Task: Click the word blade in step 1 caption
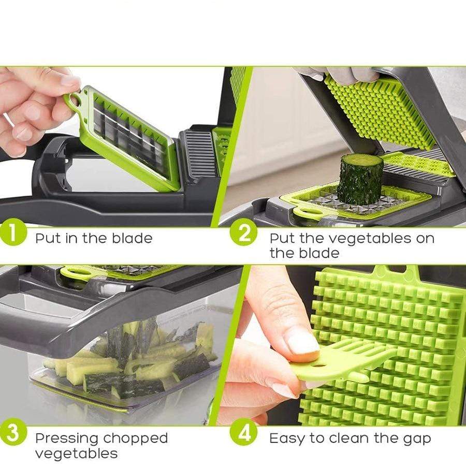coord(132,238)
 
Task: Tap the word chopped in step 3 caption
coord(135,439)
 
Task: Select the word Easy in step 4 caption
coord(287,439)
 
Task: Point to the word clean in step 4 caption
coord(351,439)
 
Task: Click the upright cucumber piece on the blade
coord(360,179)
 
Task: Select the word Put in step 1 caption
coord(47,238)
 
